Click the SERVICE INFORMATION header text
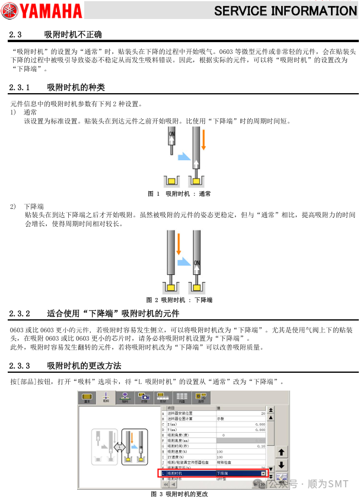point(285,11)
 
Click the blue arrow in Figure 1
point(185,158)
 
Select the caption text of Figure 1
point(180,194)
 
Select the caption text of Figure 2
point(180,300)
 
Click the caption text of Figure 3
point(180,493)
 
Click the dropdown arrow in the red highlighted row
point(263,474)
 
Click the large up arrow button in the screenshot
point(282,452)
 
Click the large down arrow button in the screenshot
point(282,465)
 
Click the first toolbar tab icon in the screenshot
point(88,397)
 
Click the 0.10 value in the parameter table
point(260,446)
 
